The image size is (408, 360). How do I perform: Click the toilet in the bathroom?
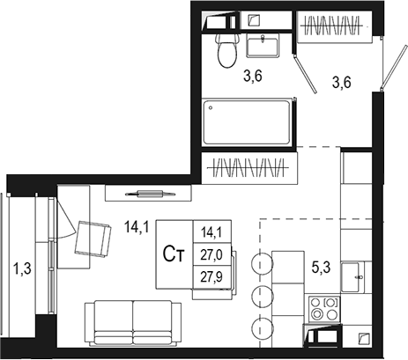226,50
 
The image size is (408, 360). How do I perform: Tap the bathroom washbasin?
263,45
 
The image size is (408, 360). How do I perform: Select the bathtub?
247,122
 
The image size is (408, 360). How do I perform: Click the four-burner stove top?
324,309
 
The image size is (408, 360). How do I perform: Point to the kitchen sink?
352,277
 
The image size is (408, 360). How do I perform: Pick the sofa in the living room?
133,323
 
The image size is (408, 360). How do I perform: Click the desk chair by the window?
93,239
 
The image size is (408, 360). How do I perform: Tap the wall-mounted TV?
150,194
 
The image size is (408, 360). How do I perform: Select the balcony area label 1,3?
22,268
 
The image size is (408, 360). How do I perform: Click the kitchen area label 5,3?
321,268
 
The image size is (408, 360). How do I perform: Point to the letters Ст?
174,254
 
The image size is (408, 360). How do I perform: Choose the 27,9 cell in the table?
211,276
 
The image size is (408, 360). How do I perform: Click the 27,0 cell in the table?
211,254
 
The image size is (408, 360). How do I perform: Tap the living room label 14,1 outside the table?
137,227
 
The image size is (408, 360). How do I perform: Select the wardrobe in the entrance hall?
333,26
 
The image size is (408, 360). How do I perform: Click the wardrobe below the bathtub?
249,168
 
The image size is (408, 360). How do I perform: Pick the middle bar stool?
263,296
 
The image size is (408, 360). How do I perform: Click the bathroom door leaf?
306,75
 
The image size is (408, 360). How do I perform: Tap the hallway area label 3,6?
342,83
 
